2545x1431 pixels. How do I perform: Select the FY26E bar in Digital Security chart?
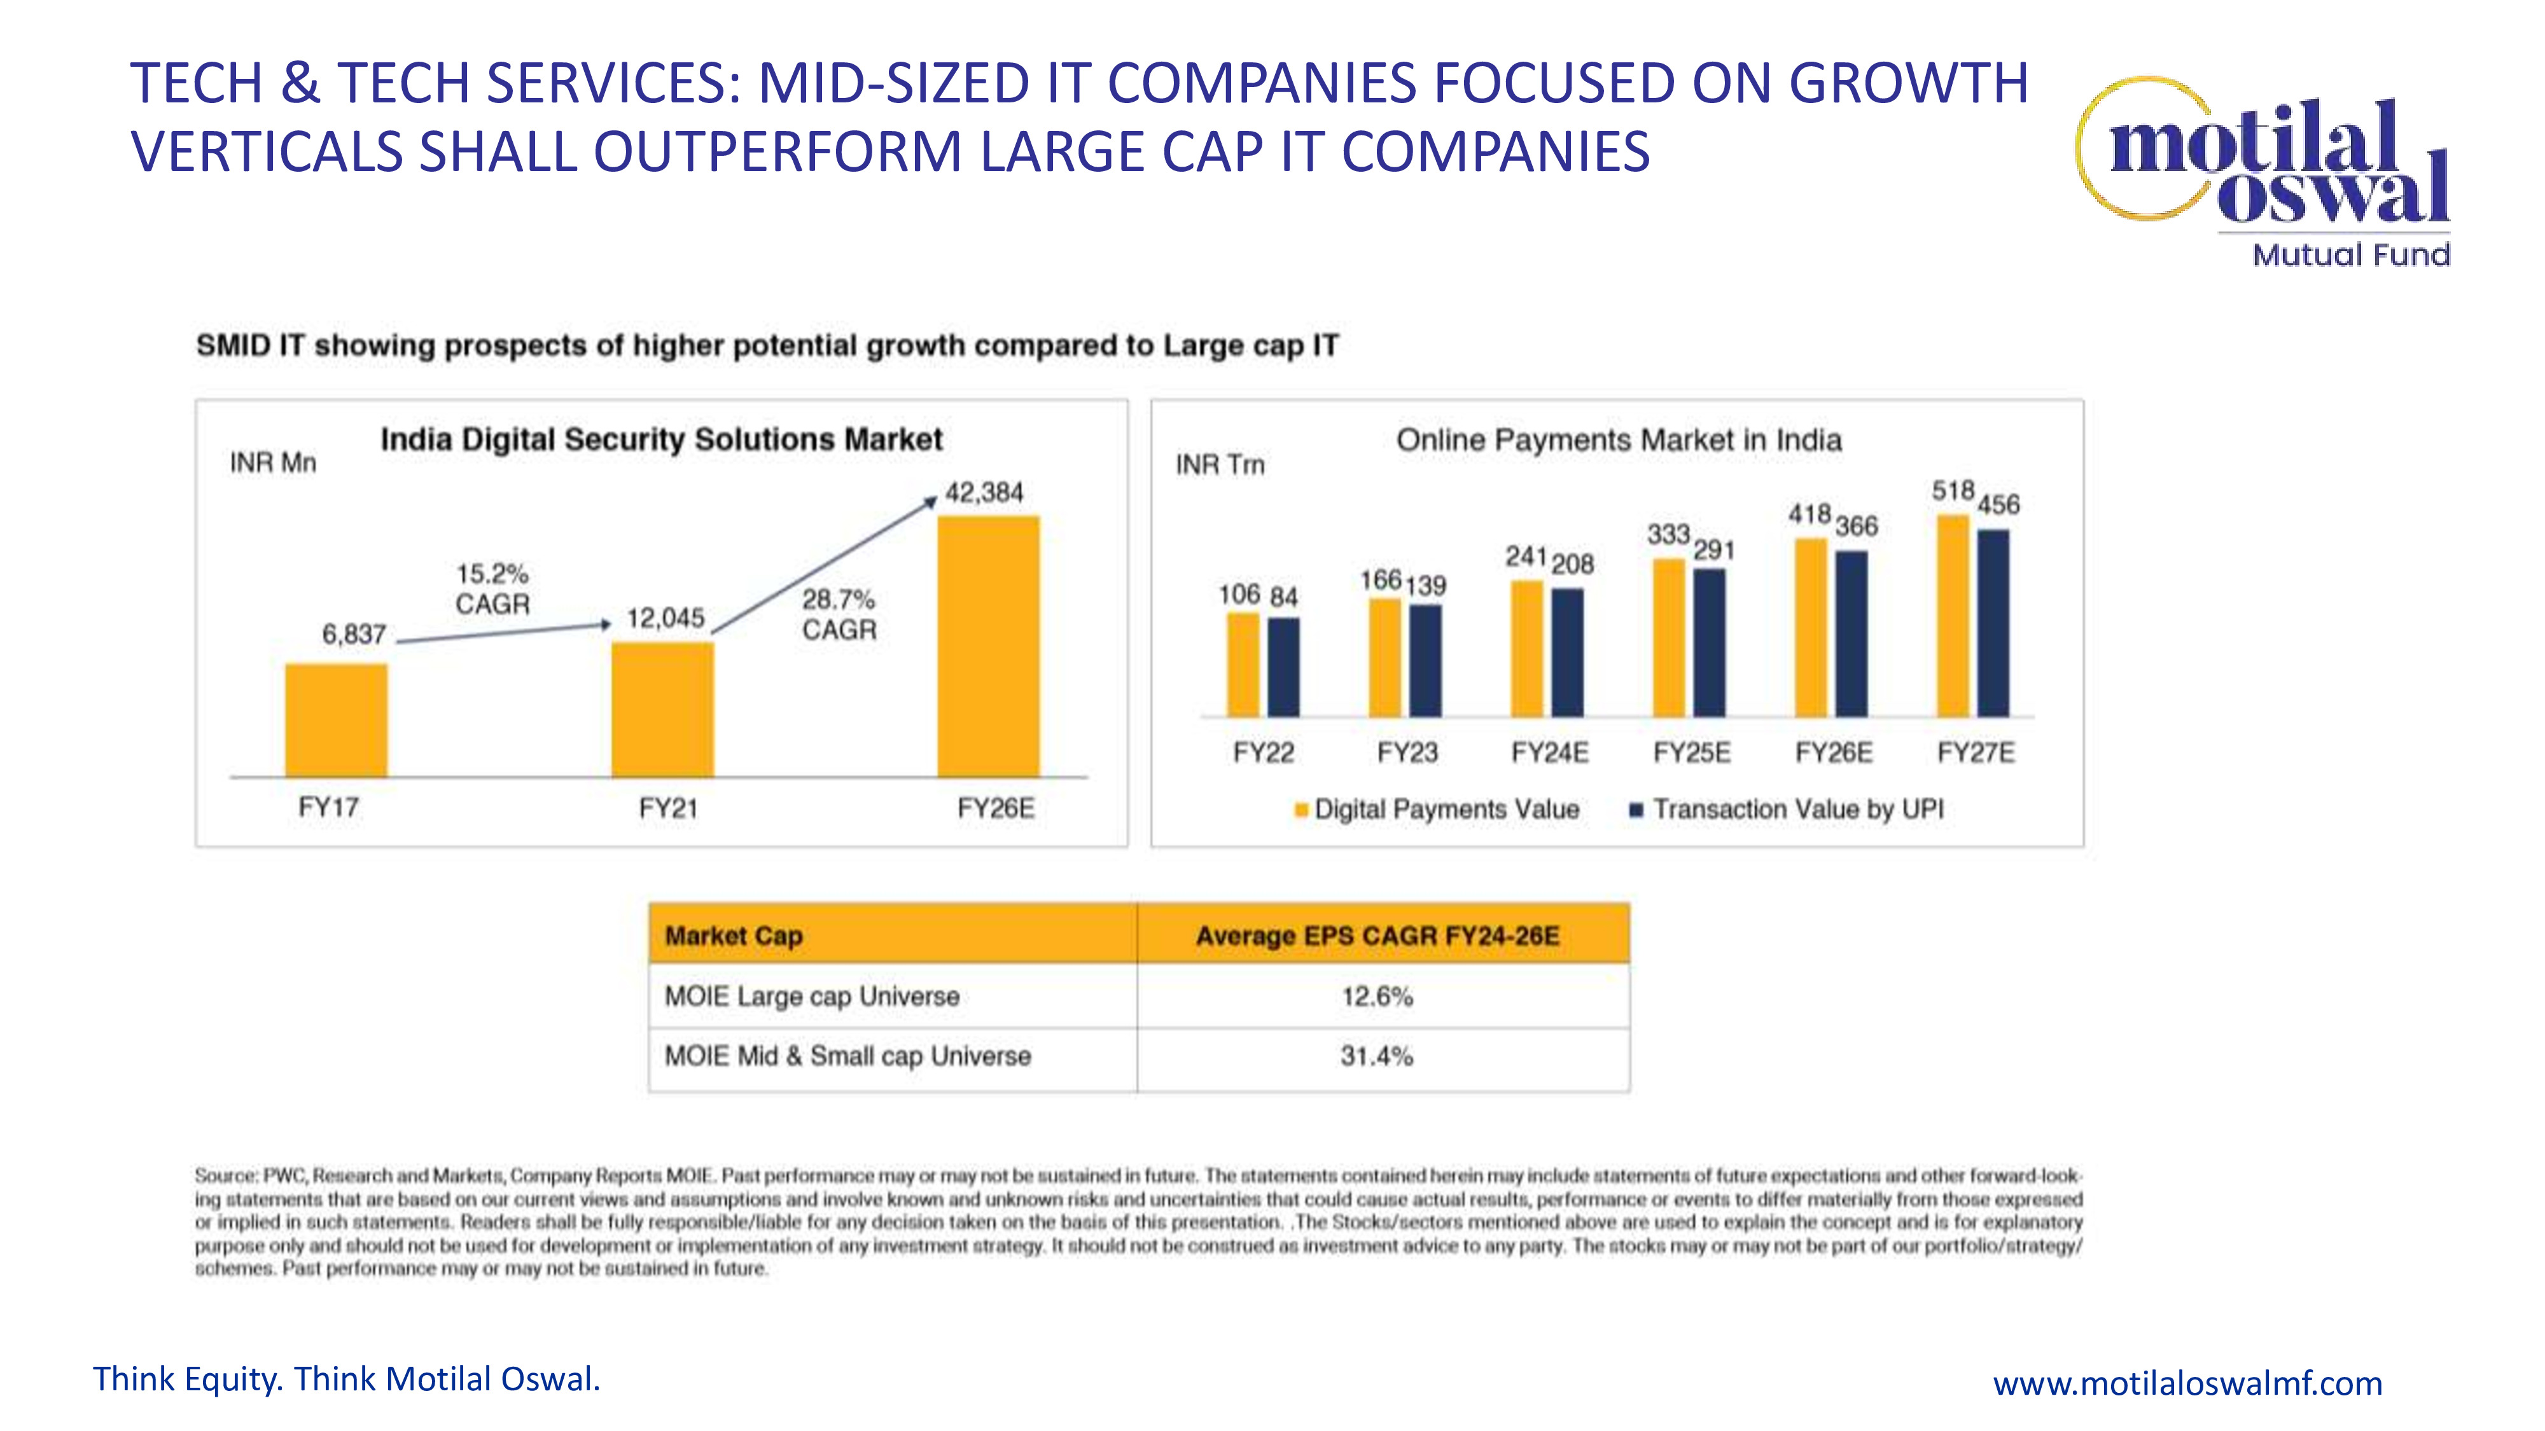tap(988, 647)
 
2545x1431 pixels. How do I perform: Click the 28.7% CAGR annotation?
tap(839, 614)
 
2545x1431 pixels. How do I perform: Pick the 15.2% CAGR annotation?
tap(492, 588)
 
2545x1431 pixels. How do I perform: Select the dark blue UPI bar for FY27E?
tap(1994, 623)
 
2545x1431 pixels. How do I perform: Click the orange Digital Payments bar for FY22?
tap(1243, 665)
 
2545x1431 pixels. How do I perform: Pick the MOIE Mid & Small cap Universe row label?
tap(847, 1056)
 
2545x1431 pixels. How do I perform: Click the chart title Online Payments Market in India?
tap(1618, 441)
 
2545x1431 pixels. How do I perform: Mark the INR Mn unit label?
tap(273, 463)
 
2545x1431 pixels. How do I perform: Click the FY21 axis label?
tap(668, 809)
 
